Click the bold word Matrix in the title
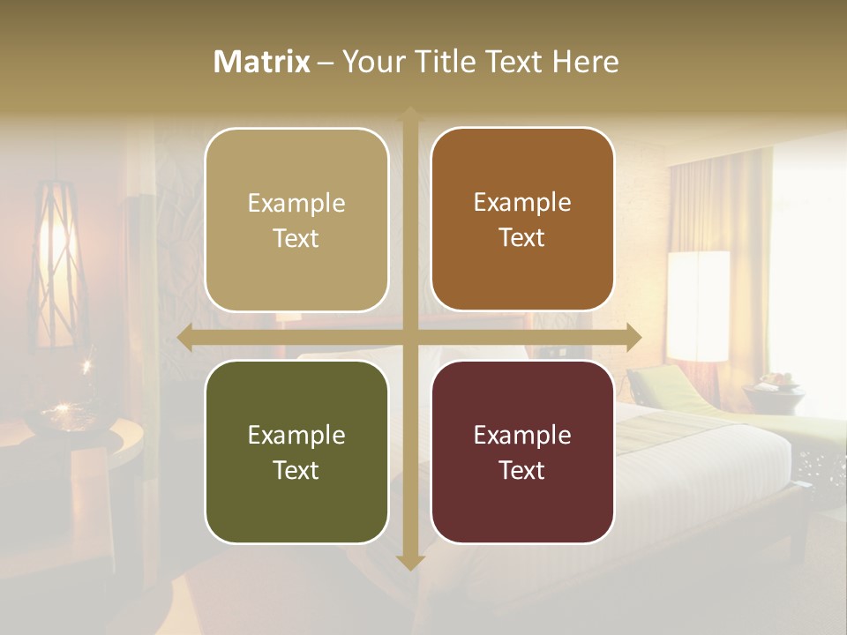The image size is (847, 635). pyautogui.click(x=262, y=62)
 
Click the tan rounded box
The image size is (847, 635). pyautogui.click(x=296, y=220)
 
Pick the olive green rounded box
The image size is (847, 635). pyautogui.click(x=296, y=452)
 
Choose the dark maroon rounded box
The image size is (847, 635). pyautogui.click(x=522, y=452)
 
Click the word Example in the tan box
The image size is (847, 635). pyautogui.click(x=296, y=204)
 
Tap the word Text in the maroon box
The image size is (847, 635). pyautogui.click(x=522, y=470)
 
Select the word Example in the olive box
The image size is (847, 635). pyautogui.click(x=296, y=435)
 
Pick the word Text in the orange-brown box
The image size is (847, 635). pyautogui.click(x=522, y=237)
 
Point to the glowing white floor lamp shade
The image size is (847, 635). pyautogui.click(x=698, y=305)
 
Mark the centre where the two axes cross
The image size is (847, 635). pyautogui.click(x=409, y=337)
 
